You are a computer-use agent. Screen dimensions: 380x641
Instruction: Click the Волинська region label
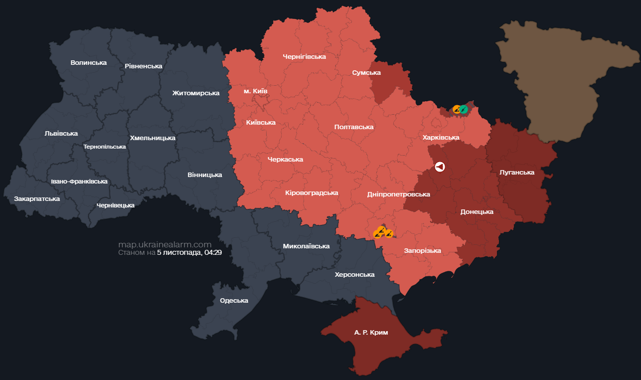89,63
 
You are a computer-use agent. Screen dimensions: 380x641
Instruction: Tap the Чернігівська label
304,57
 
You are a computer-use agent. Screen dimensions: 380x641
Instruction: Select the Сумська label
366,73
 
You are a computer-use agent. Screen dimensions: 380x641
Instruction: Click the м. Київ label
255,92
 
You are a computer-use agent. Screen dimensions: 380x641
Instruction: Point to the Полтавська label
354,127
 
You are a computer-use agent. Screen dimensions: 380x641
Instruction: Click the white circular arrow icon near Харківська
440,167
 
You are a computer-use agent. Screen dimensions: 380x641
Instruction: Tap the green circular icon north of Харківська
464,109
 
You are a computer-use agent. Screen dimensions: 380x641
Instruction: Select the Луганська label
516,173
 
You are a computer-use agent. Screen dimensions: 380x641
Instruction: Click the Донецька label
477,212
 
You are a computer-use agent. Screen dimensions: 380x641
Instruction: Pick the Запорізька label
422,251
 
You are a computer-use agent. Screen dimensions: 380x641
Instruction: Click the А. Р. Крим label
371,333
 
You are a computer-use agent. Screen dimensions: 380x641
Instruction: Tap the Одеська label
234,301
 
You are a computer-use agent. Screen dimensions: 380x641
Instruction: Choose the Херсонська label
354,275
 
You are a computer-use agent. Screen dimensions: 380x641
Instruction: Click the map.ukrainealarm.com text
165,244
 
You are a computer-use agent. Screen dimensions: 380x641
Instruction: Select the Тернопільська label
105,147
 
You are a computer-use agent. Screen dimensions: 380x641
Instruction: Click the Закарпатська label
37,199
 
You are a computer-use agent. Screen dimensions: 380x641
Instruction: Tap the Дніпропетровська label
398,194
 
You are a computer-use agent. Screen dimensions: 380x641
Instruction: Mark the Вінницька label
205,175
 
